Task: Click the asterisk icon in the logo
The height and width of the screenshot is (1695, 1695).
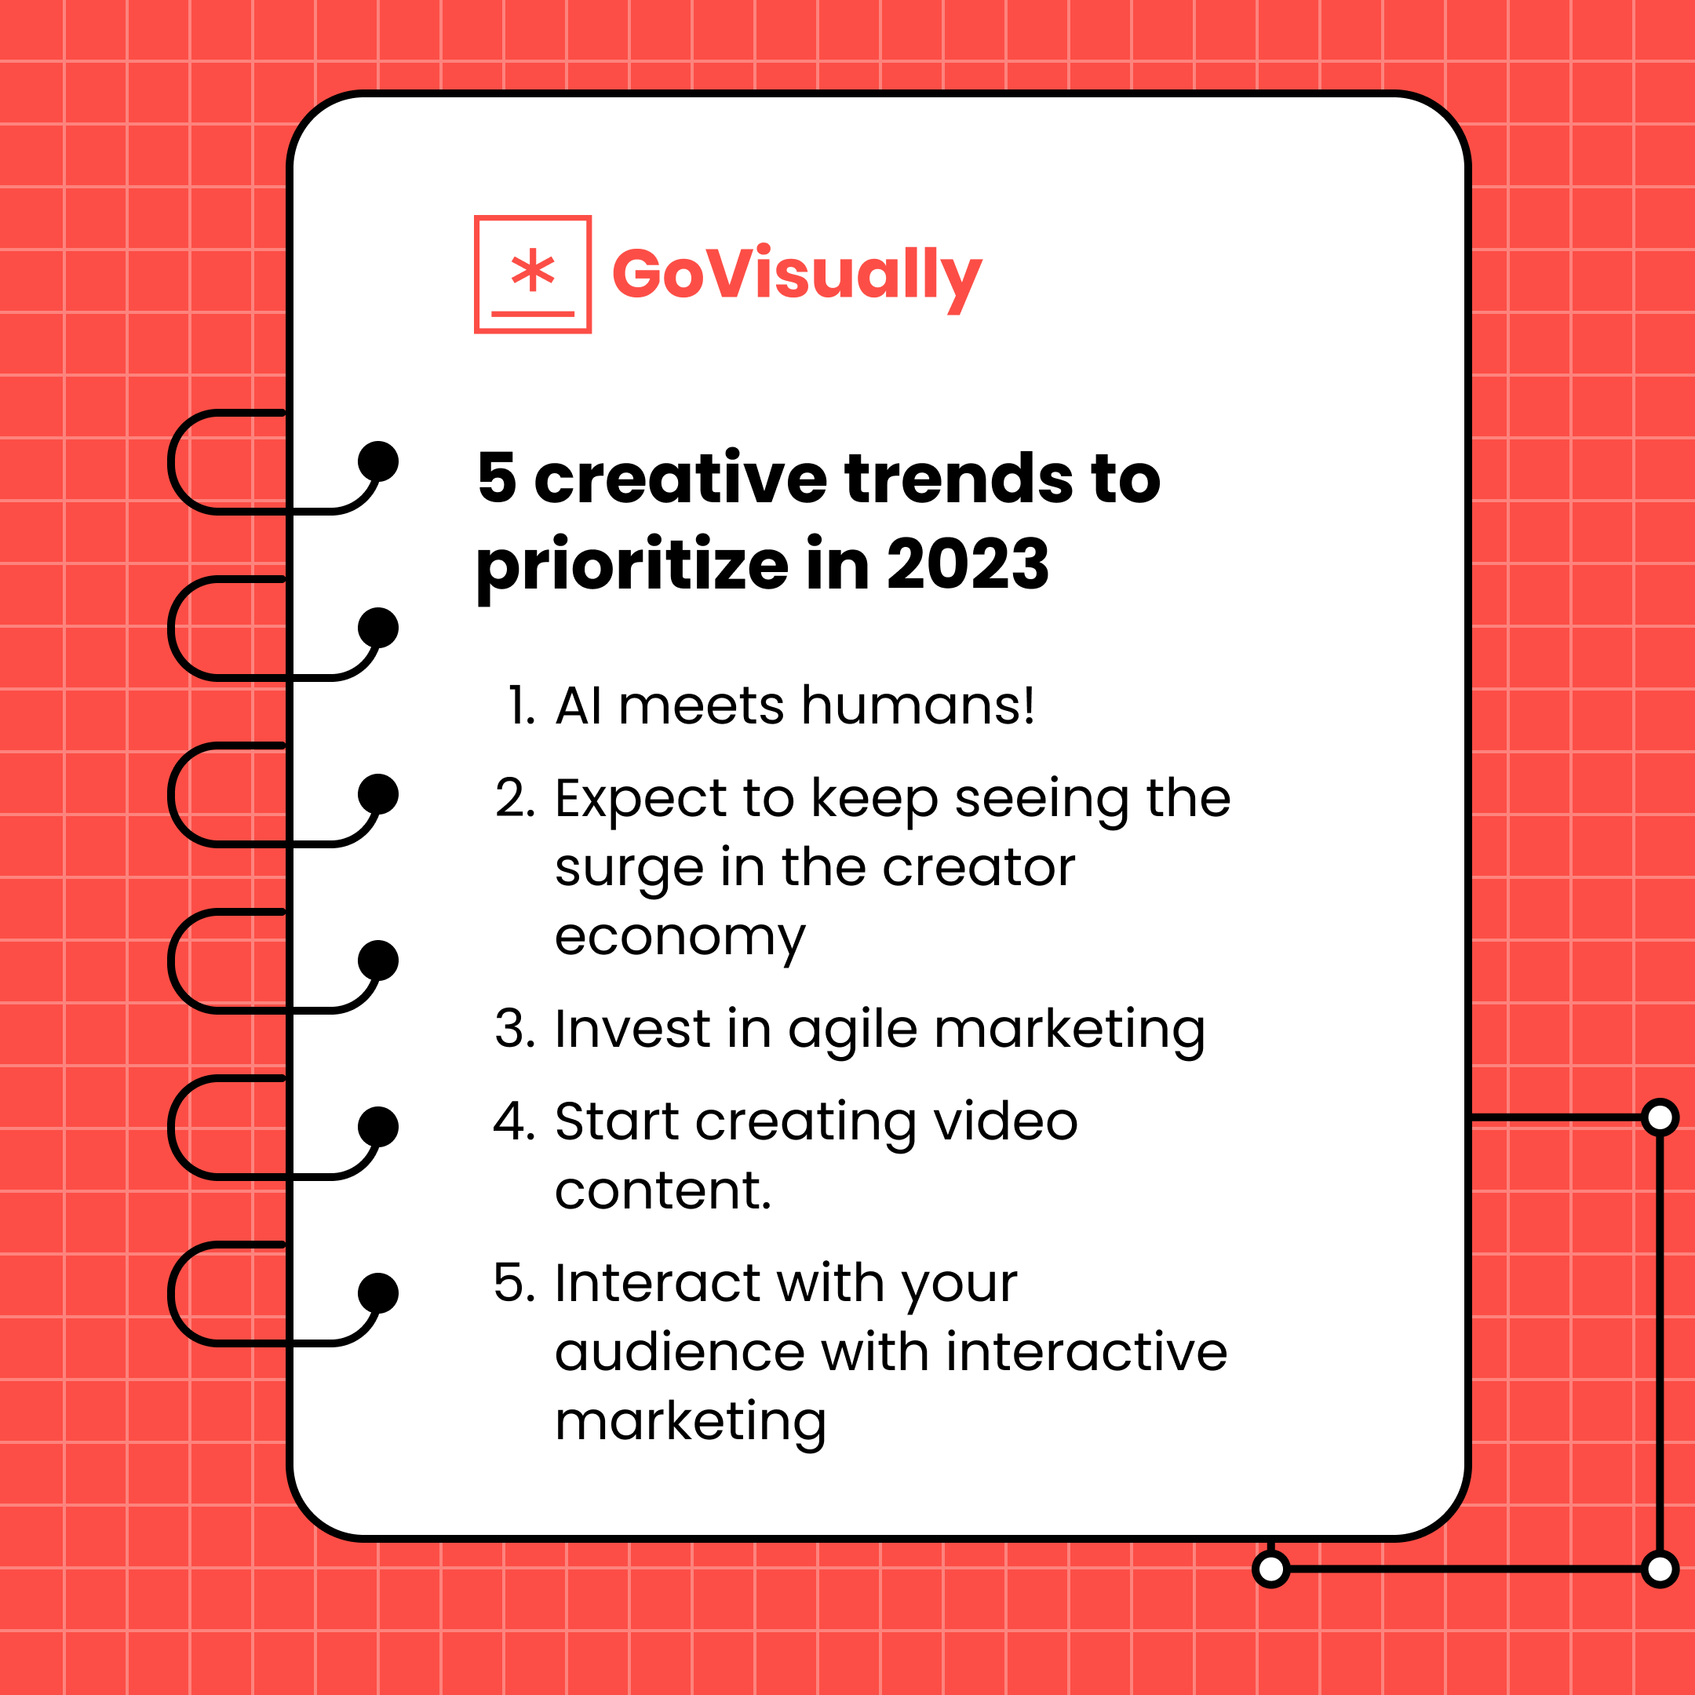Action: pos(533,270)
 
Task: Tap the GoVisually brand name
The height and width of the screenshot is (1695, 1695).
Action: pos(796,274)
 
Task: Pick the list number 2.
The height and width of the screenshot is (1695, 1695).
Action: pos(514,798)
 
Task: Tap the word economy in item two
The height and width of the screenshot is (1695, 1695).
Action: pos(680,937)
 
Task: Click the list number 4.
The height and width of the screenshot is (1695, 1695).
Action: pos(513,1121)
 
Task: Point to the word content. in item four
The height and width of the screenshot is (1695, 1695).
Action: pos(663,1190)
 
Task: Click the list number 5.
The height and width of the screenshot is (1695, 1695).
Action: pos(513,1283)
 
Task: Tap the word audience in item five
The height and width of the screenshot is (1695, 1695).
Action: pos(680,1352)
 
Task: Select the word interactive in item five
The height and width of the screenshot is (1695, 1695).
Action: pos(1086,1352)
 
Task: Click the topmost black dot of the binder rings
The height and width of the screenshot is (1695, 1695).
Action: pos(378,461)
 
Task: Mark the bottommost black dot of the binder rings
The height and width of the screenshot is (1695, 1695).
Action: pos(378,1293)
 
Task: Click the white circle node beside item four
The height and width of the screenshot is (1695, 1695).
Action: pos(1660,1117)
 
